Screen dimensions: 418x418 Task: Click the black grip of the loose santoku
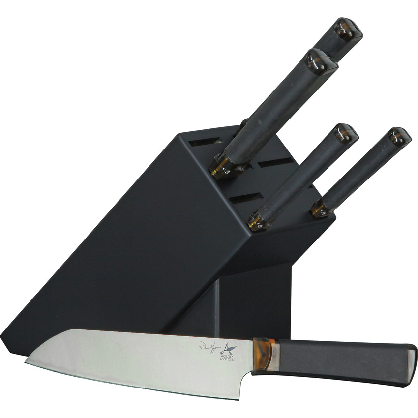[x=344, y=357]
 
